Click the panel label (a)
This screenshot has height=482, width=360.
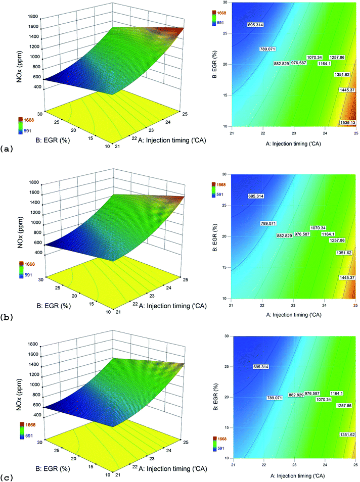pyautogui.click(x=7, y=149)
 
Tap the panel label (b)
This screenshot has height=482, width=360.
pyautogui.click(x=7, y=317)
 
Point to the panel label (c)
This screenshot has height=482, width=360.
pyautogui.click(x=7, y=477)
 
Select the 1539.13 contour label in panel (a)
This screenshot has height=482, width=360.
pyautogui.click(x=348, y=123)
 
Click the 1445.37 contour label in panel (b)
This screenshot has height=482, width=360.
pyautogui.click(x=347, y=277)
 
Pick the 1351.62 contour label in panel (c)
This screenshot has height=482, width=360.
pyautogui.click(x=347, y=435)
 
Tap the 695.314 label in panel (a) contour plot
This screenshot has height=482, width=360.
pyautogui.click(x=255, y=25)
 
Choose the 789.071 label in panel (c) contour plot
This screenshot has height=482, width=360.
pyautogui.click(x=275, y=398)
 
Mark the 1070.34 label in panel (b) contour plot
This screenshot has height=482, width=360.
pyautogui.click(x=318, y=228)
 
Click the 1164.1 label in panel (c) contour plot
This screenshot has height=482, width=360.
pyautogui.click(x=337, y=393)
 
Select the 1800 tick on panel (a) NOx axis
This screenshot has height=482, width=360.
pyautogui.click(x=33, y=17)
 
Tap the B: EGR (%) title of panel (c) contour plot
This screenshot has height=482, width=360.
pyautogui.click(x=215, y=397)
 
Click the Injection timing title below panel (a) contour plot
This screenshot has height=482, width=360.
pyautogui.click(x=293, y=143)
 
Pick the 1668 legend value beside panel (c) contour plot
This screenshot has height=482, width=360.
pyautogui.click(x=221, y=439)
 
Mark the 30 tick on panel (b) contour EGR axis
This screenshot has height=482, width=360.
pyautogui.click(x=224, y=174)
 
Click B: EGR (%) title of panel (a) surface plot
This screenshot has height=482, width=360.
pyautogui.click(x=53, y=140)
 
